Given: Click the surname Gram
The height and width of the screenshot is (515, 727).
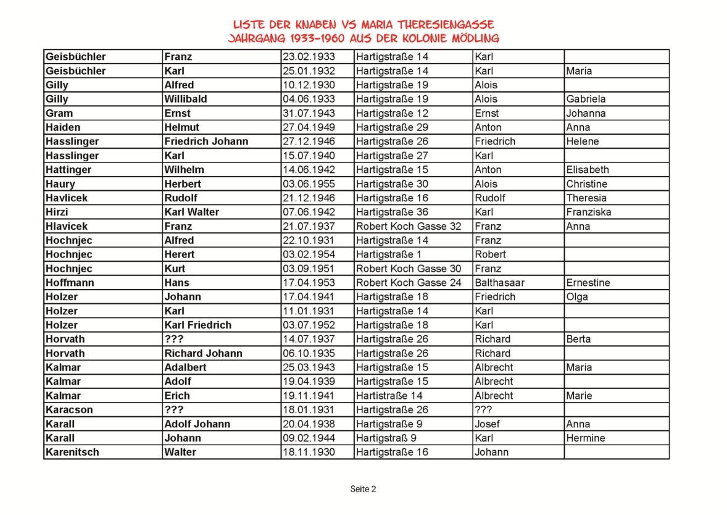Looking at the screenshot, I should pos(59,113).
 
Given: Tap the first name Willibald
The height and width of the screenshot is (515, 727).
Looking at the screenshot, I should pos(185,99).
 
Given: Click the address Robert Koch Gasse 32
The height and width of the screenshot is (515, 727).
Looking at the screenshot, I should pos(409,226).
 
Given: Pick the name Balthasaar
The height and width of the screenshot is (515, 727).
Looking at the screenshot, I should pos(499,283).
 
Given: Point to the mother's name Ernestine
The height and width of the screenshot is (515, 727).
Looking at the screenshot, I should pos(588,283).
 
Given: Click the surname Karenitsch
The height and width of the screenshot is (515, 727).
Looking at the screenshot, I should pos(72,452).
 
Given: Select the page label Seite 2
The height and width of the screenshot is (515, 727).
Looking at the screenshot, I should pos(363,489).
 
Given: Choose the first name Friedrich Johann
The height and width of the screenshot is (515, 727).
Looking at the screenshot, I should pos(206,141).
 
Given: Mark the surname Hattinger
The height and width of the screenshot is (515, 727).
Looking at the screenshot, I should pos(69,170).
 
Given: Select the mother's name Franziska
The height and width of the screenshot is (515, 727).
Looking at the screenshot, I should pos(588,212).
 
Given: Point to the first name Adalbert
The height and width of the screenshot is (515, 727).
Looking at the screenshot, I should pos(185,367).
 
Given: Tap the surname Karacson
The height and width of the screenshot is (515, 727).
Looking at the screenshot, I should pos(69,410).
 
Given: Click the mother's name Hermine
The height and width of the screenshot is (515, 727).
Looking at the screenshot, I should pos(585,438).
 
